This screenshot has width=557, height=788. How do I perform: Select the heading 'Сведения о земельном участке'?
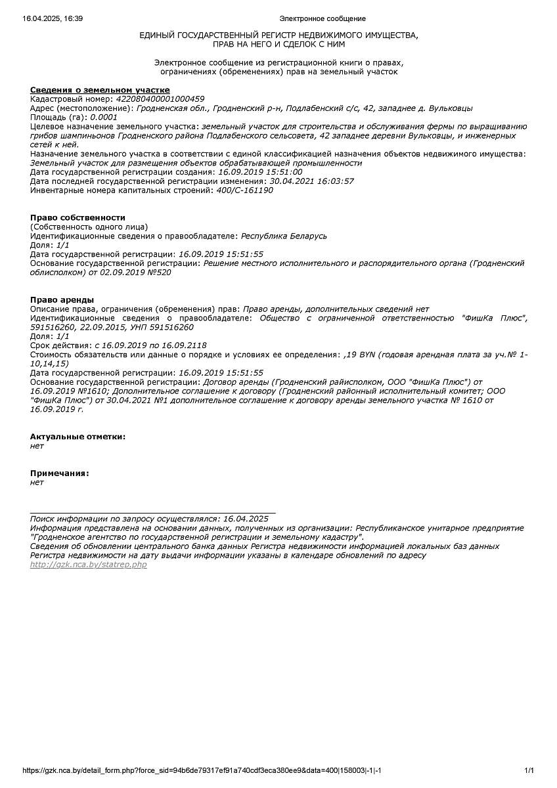pos(100,90)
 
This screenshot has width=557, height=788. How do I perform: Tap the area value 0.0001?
pos(104,118)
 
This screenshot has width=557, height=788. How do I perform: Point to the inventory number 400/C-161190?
pos(244,190)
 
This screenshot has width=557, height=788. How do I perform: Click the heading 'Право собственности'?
pos(78,217)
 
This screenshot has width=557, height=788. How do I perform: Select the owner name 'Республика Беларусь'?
pos(284,236)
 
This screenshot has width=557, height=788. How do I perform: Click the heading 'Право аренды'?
pos(62,299)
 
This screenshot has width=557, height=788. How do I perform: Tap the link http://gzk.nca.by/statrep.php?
pos(89,565)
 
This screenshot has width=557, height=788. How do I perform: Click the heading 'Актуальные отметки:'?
pos(78,437)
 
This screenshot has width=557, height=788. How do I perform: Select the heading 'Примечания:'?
pos(59,473)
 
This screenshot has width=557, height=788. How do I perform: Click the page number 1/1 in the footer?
pos(529,770)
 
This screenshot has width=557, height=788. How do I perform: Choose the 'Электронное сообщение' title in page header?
pos(323,18)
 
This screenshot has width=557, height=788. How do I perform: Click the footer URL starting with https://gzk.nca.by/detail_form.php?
pos(202,770)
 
